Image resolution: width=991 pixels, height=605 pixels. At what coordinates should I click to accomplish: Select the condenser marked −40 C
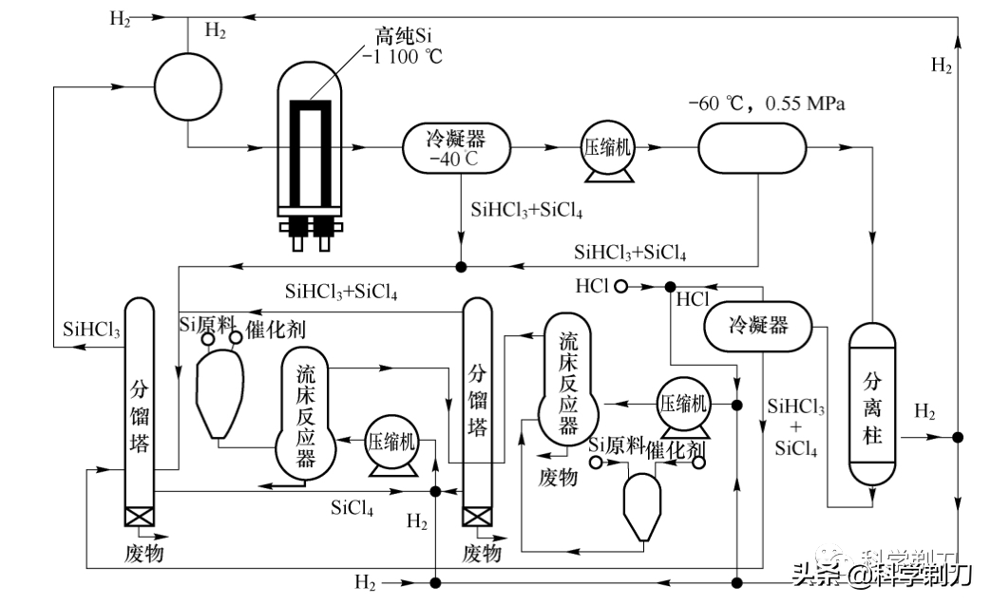[457, 148]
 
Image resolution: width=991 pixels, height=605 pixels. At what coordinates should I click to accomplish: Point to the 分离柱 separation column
[872, 403]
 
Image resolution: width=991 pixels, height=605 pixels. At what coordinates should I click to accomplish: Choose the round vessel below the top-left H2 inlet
[187, 84]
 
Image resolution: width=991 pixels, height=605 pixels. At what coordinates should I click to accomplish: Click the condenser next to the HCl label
[757, 326]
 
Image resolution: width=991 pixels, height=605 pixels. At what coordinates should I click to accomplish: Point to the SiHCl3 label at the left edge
[91, 331]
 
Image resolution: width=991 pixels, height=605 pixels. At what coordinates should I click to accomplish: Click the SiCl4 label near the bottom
[352, 508]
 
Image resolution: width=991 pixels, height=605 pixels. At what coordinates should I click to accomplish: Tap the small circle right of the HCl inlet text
[620, 286]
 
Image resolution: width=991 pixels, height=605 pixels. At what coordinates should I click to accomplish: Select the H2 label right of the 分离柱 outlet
[924, 412]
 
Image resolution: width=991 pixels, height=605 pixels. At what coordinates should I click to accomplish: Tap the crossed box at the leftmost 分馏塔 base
[139, 516]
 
